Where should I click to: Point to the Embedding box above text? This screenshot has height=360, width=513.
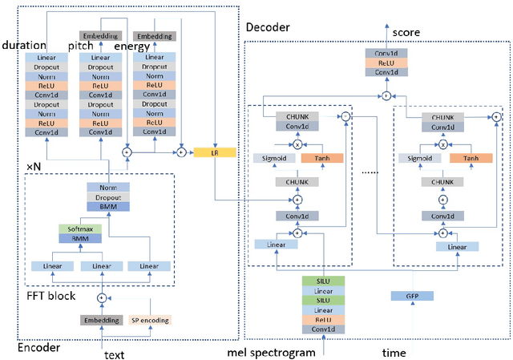coord(100,320)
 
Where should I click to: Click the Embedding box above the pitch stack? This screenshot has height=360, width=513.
coord(99,37)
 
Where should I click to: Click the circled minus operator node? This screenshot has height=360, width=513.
coord(345,117)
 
